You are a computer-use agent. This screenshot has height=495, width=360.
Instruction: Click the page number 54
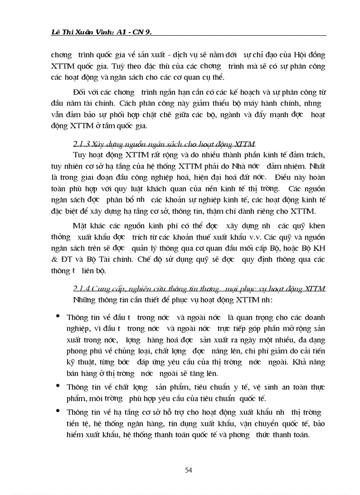188,470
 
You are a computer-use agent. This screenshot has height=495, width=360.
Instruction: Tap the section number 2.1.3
80,144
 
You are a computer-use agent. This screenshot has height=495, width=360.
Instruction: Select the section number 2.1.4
80,289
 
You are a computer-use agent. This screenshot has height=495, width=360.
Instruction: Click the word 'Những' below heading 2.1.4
84,300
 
